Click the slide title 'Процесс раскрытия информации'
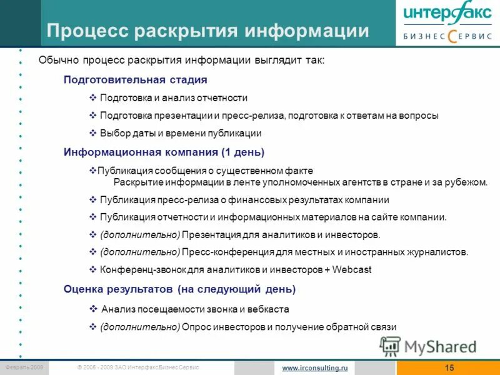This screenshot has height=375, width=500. click(x=208, y=31)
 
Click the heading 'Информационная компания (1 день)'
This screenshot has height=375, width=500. click(x=164, y=152)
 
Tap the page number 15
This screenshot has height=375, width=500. click(x=449, y=367)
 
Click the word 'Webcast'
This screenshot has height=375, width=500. click(x=352, y=270)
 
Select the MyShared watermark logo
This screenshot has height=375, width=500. click(x=429, y=346)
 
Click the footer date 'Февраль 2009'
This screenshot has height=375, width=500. click(x=24, y=367)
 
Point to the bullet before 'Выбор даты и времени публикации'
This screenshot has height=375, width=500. click(x=93, y=133)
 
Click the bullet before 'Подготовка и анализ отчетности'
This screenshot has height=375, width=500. click(x=93, y=98)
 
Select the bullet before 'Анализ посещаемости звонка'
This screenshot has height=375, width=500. click(x=93, y=309)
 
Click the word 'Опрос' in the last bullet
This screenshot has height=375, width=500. click(x=197, y=327)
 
